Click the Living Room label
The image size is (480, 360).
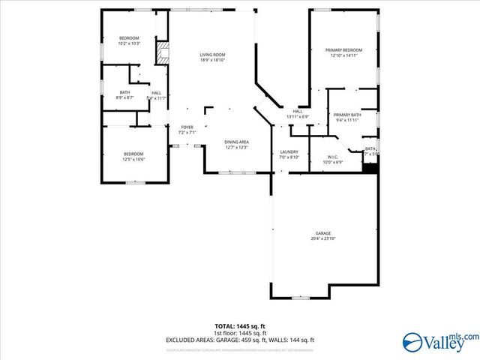click(x=213, y=55)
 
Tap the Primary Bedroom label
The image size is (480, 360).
click(x=343, y=50)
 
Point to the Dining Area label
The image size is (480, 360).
click(x=236, y=142)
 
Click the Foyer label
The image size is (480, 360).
click(x=187, y=127)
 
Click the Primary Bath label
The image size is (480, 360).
click(x=347, y=115)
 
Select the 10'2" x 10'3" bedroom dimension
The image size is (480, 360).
click(x=129, y=44)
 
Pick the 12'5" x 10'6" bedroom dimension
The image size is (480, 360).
click(x=133, y=159)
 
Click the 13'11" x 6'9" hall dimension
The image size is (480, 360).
click(x=298, y=117)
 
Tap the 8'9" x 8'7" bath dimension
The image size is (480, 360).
click(x=124, y=97)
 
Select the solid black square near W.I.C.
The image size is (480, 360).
click(x=369, y=167)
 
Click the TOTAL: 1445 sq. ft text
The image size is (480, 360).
click(x=240, y=327)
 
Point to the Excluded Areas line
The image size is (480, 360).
click(x=240, y=340)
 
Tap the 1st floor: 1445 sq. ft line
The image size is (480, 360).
click(x=240, y=333)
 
